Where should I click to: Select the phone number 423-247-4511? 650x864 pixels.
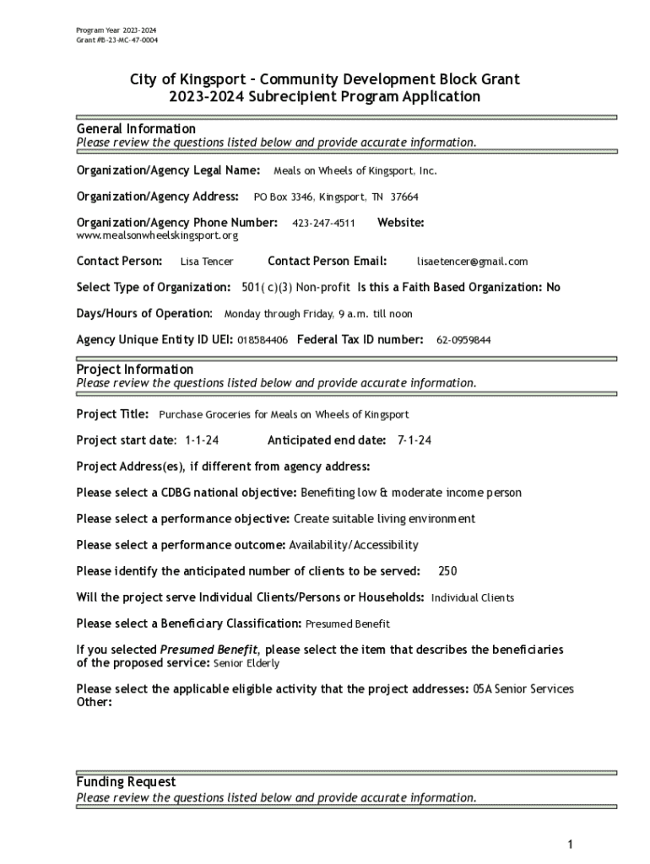point(323,224)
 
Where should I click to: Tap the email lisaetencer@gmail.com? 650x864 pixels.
point(472,262)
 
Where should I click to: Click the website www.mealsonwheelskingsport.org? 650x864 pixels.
point(157,235)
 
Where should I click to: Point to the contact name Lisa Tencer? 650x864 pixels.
point(207,262)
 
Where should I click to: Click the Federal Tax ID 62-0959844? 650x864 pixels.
point(463,340)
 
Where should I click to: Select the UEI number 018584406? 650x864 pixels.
point(263,340)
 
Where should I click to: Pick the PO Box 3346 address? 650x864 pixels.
point(336,197)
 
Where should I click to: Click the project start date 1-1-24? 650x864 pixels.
point(202,440)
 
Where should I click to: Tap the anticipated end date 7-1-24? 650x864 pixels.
point(414,440)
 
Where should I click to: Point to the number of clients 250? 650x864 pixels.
point(447,571)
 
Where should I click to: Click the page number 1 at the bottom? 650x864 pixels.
point(571,845)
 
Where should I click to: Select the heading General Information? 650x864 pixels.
point(136,128)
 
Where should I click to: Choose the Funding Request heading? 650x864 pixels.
point(126,782)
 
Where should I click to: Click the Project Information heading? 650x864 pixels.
point(135,370)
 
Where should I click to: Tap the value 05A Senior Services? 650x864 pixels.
point(523,689)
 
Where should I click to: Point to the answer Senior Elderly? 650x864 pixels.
point(245,664)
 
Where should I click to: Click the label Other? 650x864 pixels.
point(94,702)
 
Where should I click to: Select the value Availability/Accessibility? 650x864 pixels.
point(355,545)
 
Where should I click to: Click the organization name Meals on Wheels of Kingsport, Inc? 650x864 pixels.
point(355,171)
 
